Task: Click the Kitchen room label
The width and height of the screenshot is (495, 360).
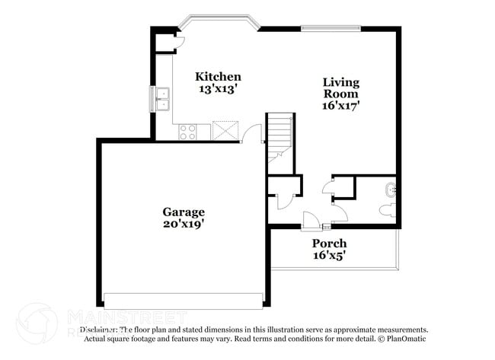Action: (219, 76)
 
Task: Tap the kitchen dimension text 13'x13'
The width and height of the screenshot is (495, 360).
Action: (219, 89)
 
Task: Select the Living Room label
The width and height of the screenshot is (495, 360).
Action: (340, 88)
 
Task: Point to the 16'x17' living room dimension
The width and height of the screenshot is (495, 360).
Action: (340, 106)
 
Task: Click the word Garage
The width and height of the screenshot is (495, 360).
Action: (183, 212)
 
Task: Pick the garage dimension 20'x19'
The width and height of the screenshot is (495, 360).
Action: (183, 225)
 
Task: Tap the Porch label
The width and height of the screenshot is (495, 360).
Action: (329, 244)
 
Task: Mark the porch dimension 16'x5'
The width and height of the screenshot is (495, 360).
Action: (329, 256)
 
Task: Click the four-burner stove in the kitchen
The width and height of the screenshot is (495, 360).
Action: (187, 132)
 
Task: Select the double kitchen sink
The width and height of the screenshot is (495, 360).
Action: (162, 98)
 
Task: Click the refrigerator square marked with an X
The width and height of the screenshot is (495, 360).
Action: (226, 131)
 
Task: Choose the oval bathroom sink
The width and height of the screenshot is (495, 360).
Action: (391, 189)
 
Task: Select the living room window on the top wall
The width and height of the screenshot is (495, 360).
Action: (330, 29)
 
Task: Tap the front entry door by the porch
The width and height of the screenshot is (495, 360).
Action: (311, 221)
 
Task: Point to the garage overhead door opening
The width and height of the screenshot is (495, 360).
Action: (183, 298)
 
